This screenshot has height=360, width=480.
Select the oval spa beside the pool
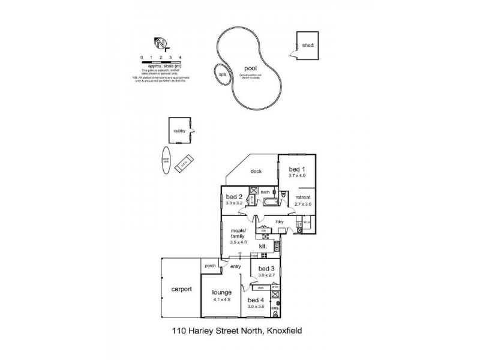coord(221,74)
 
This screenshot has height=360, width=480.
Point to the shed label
coord(307,45)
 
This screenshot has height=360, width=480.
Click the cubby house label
coord(179,130)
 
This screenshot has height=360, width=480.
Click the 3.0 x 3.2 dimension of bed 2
coord(233,204)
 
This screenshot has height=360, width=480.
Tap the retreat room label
coord(302,197)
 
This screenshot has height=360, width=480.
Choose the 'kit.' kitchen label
coord(263,247)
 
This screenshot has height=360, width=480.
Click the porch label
coord(210,266)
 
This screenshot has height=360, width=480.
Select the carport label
coord(181,289)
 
